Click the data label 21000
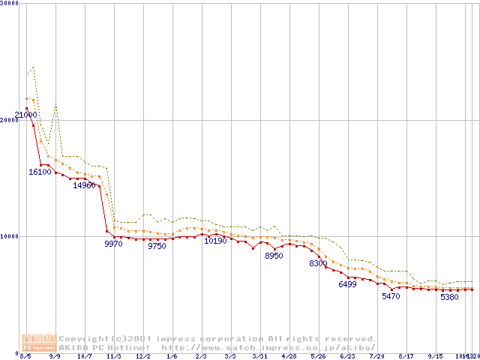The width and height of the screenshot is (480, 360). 25,114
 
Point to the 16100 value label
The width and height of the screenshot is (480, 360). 40,172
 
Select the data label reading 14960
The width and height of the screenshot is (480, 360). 84,185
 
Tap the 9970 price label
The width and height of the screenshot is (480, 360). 113,244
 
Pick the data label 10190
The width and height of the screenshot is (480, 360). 215,241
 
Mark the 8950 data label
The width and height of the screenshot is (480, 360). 274,256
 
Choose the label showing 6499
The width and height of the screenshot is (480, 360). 347,284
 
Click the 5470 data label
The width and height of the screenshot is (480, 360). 391,296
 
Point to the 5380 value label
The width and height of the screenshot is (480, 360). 449,297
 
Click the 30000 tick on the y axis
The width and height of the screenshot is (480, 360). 10,4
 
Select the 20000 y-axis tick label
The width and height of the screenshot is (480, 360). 10,120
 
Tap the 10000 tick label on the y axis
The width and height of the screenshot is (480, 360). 10,236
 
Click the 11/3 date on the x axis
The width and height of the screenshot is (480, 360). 113,357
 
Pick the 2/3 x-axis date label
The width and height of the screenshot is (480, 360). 201,357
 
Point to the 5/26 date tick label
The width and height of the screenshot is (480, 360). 318,357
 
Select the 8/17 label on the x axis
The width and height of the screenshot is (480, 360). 406,357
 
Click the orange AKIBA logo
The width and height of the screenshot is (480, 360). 40,342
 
